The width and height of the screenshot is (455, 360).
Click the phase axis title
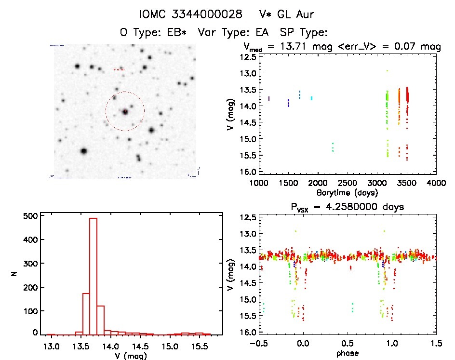(347, 353)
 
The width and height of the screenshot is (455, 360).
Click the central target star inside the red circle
(125, 112)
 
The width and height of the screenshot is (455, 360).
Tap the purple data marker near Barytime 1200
(269, 99)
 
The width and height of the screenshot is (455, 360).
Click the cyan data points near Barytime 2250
(333, 147)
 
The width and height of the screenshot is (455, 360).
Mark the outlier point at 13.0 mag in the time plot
(387, 71)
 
